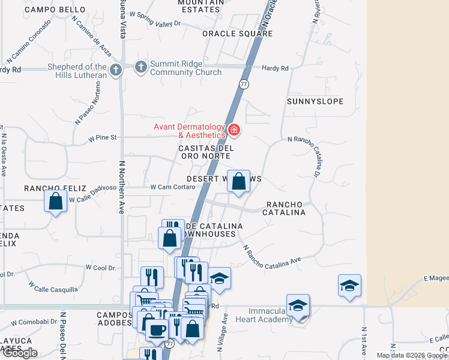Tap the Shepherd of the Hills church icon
[116, 70]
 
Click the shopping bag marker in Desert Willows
[238, 181]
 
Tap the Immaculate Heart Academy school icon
[298, 306]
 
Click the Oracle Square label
[237, 34]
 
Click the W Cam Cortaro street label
[173, 187]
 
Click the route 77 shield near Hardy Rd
[244, 84]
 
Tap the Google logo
[20, 353]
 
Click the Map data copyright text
[411, 355]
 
